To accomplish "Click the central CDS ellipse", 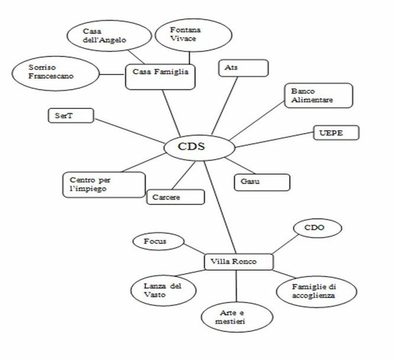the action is click(x=199, y=147).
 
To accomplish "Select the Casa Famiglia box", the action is click(x=160, y=77).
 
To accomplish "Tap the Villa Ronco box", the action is click(x=239, y=262).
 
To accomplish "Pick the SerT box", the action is click(x=71, y=115).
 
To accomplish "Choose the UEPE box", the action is click(x=337, y=133).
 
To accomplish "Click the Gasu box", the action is click(x=262, y=182).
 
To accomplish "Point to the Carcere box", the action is click(x=176, y=197).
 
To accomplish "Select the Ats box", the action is click(x=244, y=68).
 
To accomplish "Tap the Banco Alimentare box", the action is click(x=319, y=95).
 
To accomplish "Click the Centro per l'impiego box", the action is click(x=104, y=185).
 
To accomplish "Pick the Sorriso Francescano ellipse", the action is click(x=56, y=73).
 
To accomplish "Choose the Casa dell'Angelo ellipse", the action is click(x=109, y=36).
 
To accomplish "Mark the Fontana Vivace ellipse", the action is click(x=193, y=35).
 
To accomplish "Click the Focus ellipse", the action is click(x=159, y=241).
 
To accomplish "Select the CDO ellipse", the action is click(x=318, y=228).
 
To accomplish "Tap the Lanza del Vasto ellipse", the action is click(x=163, y=290).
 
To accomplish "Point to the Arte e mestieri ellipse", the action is click(x=237, y=317).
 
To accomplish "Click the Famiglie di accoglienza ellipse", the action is click(x=317, y=292).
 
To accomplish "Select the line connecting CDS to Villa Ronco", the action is click(x=220, y=207).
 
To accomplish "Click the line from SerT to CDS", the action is click(x=130, y=131).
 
